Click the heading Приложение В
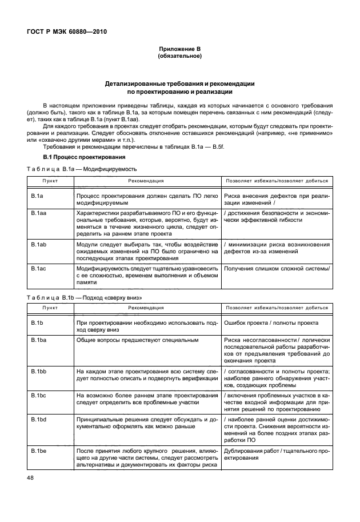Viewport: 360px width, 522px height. click(x=180, y=50)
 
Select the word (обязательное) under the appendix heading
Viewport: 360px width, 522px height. click(x=180, y=57)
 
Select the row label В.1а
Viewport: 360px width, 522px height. click(x=37, y=196)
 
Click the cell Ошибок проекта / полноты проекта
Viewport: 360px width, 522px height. click(x=271, y=324)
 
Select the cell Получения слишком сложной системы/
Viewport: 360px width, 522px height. click(x=277, y=268)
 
